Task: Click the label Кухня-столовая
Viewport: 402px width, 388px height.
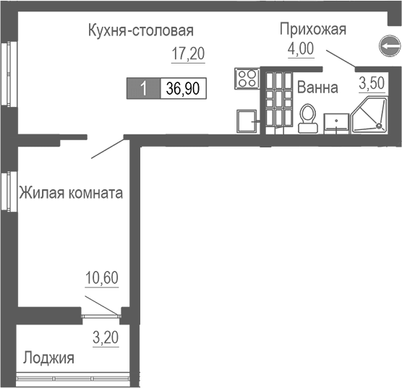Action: [140, 30]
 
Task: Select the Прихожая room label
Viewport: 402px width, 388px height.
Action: [313, 30]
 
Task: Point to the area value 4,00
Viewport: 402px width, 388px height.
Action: [301, 51]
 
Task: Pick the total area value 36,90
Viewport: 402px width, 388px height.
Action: [184, 89]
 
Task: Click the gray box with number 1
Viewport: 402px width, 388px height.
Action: [145, 89]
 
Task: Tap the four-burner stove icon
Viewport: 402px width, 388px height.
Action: [246, 78]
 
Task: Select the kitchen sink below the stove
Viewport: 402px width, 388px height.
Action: [247, 120]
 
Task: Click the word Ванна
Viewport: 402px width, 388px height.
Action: [317, 88]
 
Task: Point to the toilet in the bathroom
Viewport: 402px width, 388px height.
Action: [308, 117]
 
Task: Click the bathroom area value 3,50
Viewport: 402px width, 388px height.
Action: [372, 82]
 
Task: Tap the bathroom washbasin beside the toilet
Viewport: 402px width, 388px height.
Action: [335, 122]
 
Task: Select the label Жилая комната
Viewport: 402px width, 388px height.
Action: [70, 194]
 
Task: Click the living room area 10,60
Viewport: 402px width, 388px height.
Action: [101, 277]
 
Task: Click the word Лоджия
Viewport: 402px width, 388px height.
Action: [48, 358]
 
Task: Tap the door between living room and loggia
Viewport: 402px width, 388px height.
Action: [101, 314]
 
